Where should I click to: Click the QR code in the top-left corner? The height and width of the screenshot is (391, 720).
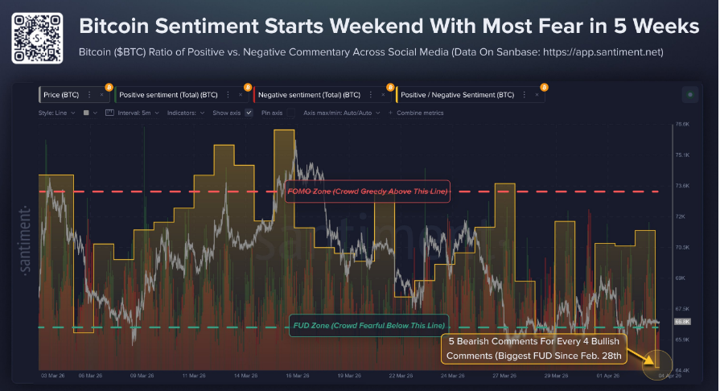tap(35, 34)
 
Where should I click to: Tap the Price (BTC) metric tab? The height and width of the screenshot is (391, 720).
tap(63, 94)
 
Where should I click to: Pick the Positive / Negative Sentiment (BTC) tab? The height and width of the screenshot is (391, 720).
tap(456, 94)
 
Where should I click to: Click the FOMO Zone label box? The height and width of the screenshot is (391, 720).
tap(367, 191)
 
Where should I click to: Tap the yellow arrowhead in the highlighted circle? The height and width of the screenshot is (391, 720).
tap(652, 368)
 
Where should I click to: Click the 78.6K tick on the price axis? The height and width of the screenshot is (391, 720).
tap(682, 124)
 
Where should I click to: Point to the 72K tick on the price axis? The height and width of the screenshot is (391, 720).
tap(681, 216)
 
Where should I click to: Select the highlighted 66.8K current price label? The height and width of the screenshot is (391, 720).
tap(681, 321)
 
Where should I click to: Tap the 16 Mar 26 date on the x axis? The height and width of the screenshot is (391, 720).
tap(299, 375)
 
